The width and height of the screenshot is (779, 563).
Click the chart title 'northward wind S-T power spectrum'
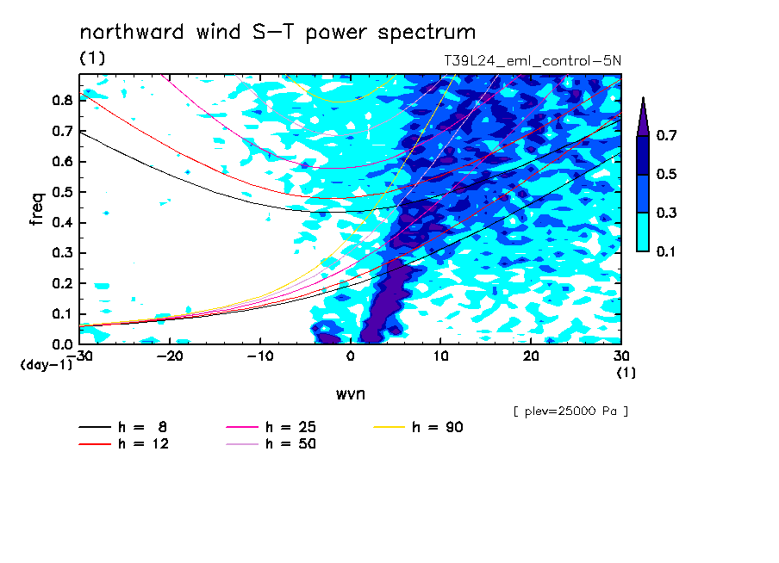click(277, 33)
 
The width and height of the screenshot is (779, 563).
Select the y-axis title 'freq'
click(36, 209)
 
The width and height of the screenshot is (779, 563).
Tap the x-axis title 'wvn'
click(351, 394)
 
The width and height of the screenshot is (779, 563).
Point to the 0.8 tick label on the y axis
click(63, 100)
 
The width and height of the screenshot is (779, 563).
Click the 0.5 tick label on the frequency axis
click(63, 192)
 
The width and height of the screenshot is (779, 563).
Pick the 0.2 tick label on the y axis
click(63, 283)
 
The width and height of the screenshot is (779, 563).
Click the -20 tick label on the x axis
click(170, 356)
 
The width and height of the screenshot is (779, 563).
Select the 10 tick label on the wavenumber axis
click(440, 356)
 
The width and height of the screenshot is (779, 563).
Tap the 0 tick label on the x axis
click(351, 356)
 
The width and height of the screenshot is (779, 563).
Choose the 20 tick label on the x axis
click(531, 356)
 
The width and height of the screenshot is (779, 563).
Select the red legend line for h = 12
click(95, 444)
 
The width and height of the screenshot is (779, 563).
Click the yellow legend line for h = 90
click(389, 427)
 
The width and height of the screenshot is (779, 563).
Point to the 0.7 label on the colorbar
click(666, 135)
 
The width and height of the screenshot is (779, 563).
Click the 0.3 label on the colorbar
click(666, 213)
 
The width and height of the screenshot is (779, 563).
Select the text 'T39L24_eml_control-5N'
click(532, 61)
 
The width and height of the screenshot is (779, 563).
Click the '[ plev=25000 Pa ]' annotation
click(570, 411)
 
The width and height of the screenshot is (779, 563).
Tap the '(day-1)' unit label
click(47, 365)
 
